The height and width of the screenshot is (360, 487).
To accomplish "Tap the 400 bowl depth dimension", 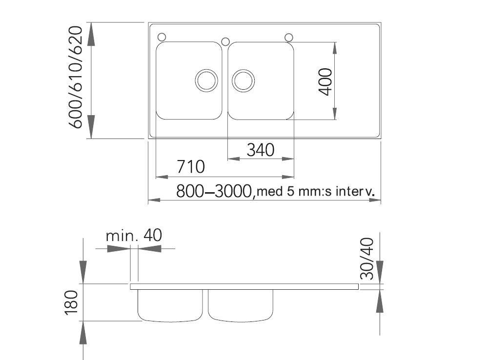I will tap(325, 81).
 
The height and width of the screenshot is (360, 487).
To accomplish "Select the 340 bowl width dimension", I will tap(260, 149).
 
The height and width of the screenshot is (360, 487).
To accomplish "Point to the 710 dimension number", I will tap(190, 167).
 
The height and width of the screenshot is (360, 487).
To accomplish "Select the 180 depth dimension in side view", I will tap(71, 302).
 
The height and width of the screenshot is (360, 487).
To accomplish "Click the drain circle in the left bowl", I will tap(205, 80).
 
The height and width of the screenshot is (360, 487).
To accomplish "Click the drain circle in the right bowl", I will tap(243, 80).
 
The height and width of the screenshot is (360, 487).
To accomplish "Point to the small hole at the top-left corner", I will tap(162, 37).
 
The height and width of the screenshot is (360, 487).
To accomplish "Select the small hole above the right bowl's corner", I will tap(288, 37).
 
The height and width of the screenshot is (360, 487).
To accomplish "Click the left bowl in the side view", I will tap(170, 305).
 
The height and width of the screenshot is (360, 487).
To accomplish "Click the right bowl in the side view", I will tap(241, 305).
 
